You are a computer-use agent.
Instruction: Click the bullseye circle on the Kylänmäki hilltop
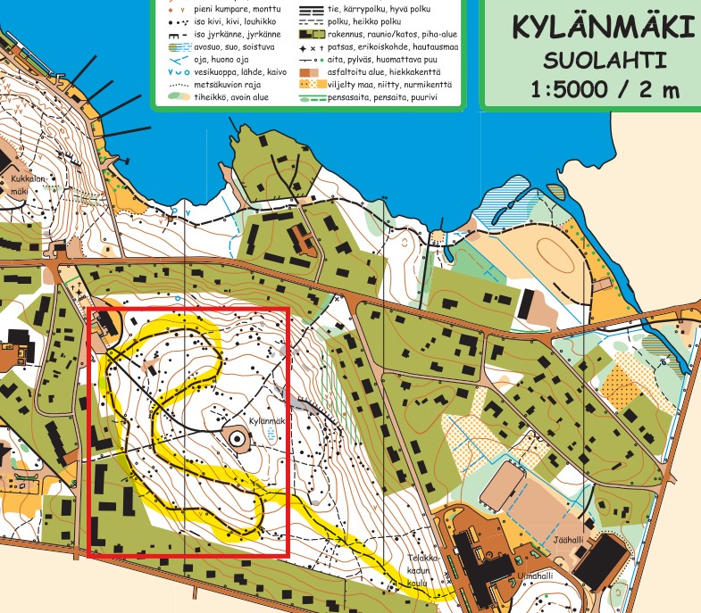pos(236,437)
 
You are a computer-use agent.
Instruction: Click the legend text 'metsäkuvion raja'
pos(227,85)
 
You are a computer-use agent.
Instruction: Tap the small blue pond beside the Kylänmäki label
pos(271,435)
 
